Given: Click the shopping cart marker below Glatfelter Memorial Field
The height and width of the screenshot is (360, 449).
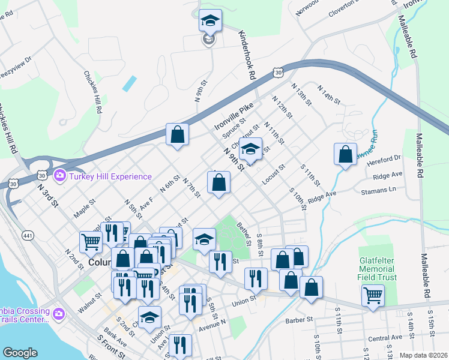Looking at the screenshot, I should pyautogui.click(x=373, y=295).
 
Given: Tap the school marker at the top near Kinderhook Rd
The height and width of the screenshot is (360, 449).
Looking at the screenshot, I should pyautogui.click(x=210, y=21).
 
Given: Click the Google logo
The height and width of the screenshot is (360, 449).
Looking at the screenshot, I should pyautogui.click(x=20, y=353).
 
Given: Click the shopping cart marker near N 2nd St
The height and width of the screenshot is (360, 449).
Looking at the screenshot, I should pyautogui.click(x=91, y=242).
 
